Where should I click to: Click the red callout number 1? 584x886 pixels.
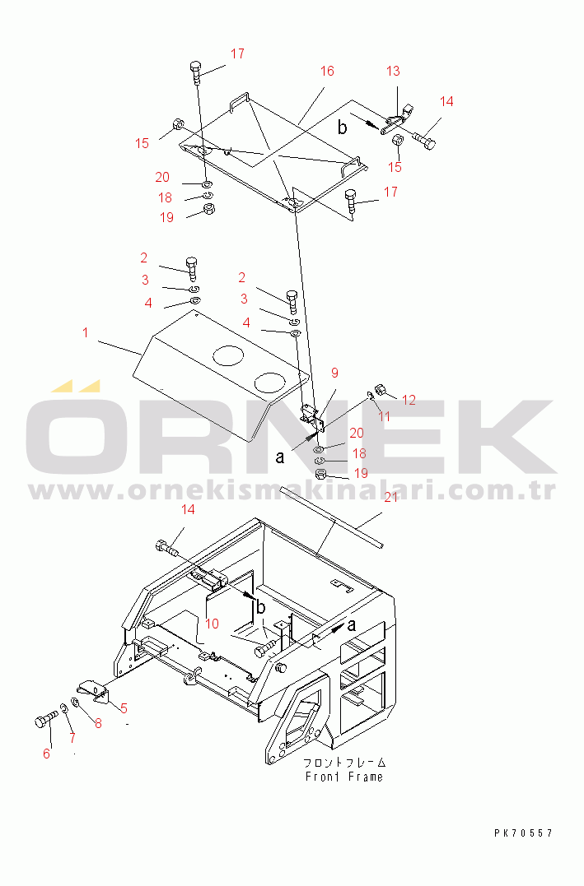pos(86,332)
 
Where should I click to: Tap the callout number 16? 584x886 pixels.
pos(327,72)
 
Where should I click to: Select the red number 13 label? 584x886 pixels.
pos(393,72)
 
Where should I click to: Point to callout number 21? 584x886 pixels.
pos(391,498)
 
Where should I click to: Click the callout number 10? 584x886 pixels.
pos(212,624)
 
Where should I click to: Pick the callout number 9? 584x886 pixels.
pos(334,373)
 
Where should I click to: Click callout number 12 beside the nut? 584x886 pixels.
pos(409,400)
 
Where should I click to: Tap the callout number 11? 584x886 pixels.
pos(384,417)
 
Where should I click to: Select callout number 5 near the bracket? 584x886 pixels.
pos(124,708)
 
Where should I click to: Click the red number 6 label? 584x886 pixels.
pos(46,754)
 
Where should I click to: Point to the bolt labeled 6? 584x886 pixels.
pos(46,721)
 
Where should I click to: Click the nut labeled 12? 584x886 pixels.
pos(381,389)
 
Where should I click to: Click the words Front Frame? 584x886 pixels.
pos(344,777)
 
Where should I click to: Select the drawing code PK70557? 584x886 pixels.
pos(523,833)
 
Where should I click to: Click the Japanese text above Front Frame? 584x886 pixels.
pos(344,763)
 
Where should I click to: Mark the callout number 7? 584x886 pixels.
pos(72,737)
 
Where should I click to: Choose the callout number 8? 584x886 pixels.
pos(99,723)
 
